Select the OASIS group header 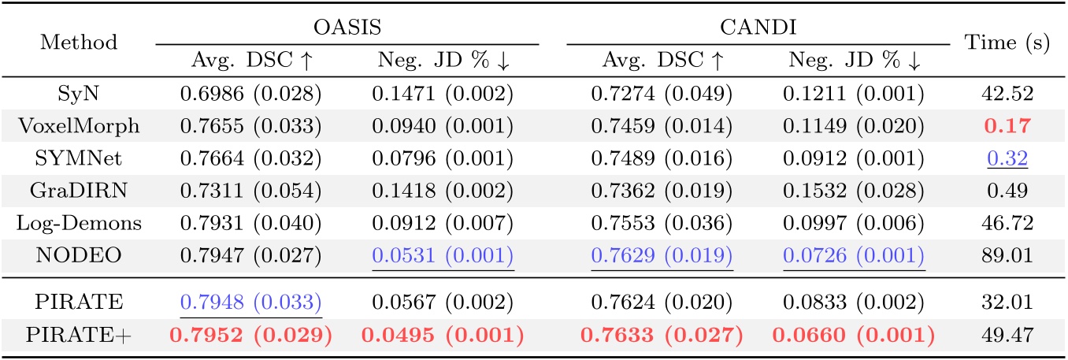(347, 28)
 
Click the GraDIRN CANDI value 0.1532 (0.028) (854, 184)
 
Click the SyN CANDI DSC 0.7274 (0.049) (662, 95)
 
